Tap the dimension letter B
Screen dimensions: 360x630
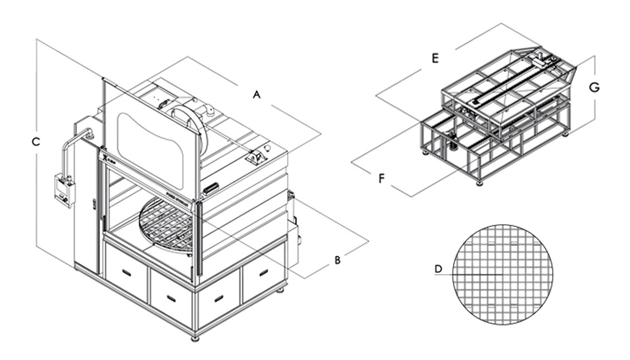coord(338,260)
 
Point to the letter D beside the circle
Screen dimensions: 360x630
coord(438,269)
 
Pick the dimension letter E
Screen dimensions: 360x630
coord(435,58)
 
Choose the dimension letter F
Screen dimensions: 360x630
coord(381,179)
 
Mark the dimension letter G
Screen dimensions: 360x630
coord(594,87)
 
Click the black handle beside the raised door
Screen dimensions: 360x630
coord(210,187)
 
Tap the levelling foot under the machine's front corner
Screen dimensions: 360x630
coord(195,338)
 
